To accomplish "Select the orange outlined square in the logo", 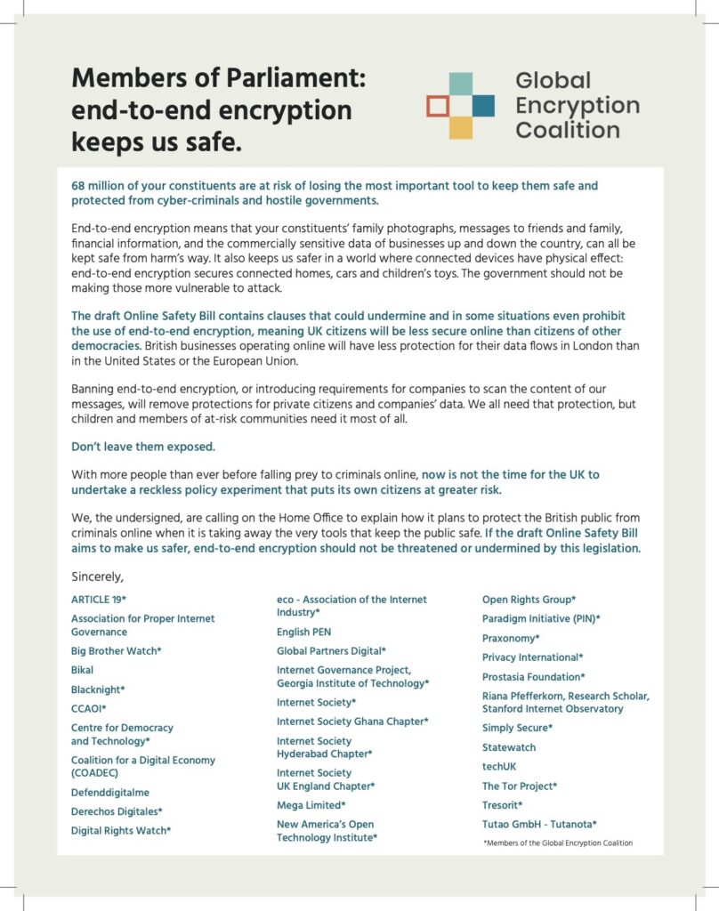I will coord(437,107).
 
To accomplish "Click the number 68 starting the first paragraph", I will coord(78,186).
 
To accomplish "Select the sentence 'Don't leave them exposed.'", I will coord(142,446).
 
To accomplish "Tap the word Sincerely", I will coord(97,576).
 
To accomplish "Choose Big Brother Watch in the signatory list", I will coord(116,650).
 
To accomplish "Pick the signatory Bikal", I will coord(82,670).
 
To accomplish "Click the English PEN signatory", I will coord(303,632).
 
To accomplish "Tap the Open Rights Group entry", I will coord(529,599).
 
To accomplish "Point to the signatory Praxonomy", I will coord(511,638).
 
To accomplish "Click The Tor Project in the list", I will coord(520,786).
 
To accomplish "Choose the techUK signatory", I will coord(498,766).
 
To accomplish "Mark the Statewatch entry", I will coord(509,747).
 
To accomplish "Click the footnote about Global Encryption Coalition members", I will coord(557,842).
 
